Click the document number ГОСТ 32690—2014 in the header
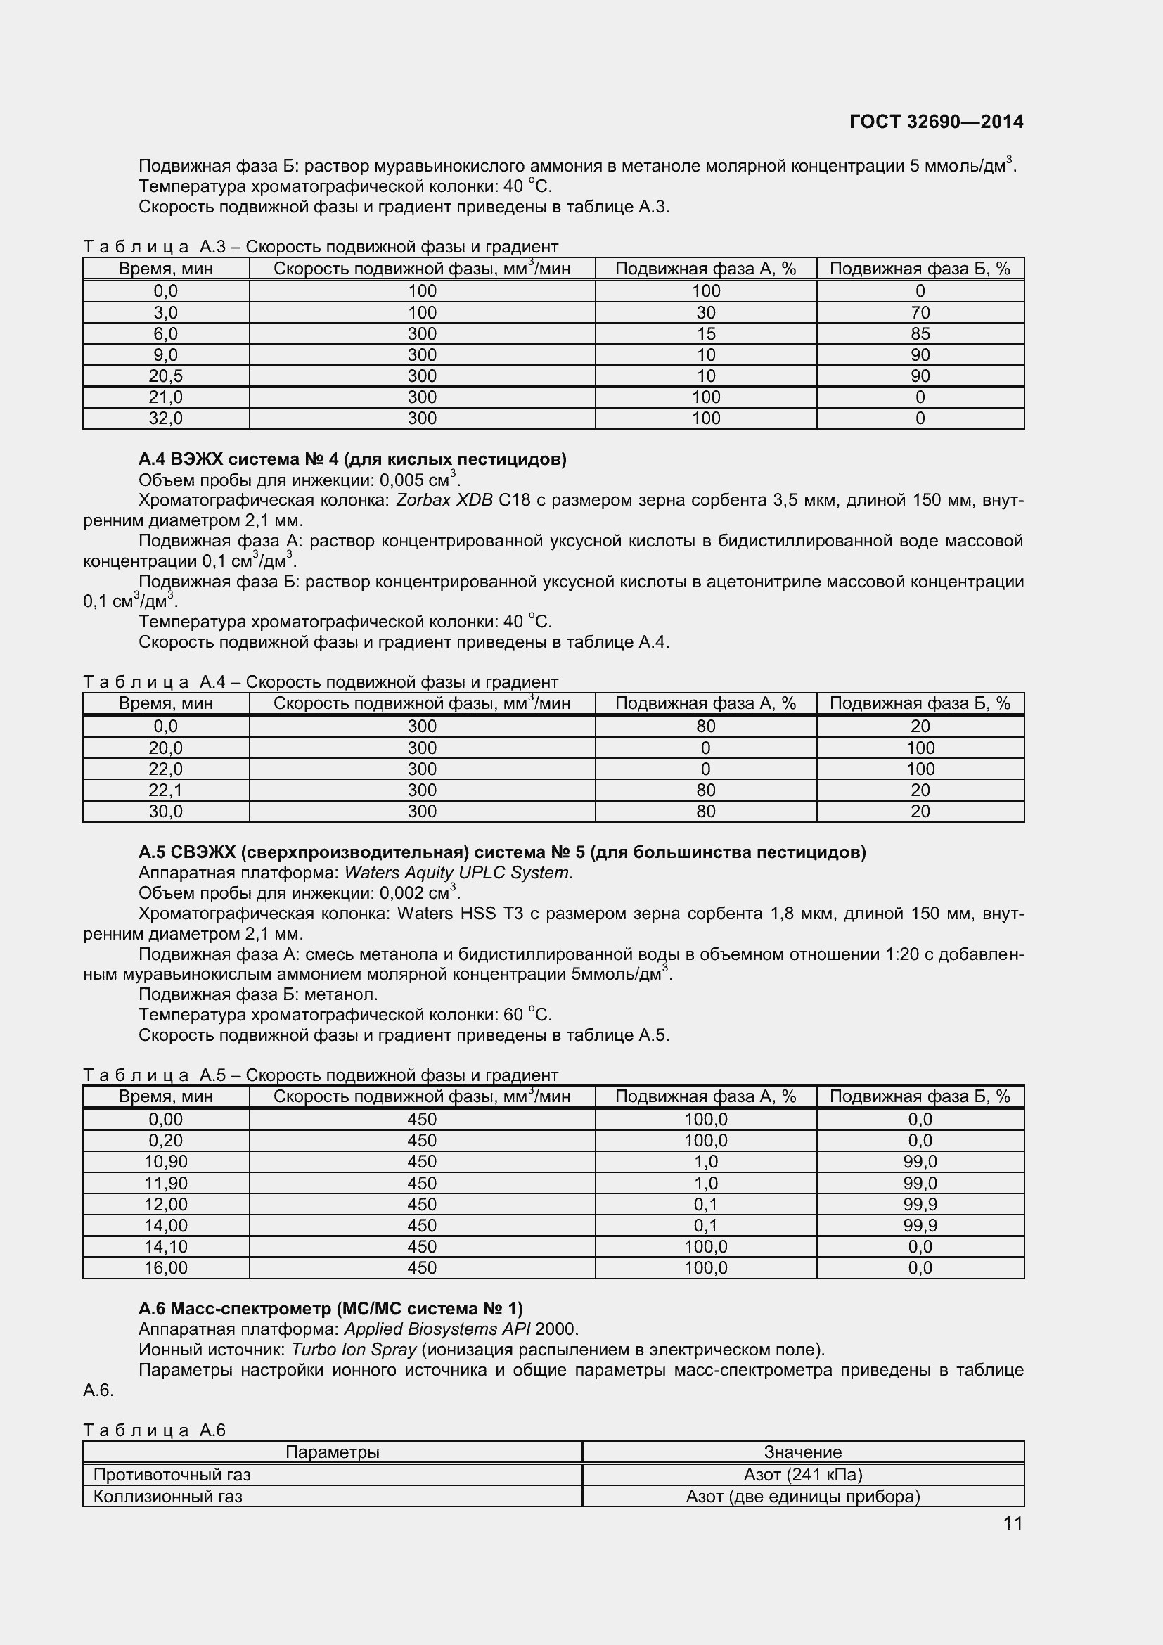(936, 122)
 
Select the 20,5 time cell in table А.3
(165, 376)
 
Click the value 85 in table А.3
(920, 334)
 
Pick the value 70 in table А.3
(920, 312)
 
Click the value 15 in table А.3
(705, 334)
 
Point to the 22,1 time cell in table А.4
(165, 791)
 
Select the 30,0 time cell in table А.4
(165, 811)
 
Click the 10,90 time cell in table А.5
(165, 1161)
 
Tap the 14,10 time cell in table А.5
(165, 1247)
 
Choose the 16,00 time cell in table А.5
(165, 1267)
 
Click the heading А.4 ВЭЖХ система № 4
(352, 459)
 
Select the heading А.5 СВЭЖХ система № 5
(501, 852)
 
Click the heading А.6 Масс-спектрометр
(330, 1309)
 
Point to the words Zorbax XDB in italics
(444, 500)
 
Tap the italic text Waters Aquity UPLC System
(457, 873)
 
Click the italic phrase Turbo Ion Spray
(354, 1350)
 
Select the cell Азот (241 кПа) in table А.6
(803, 1475)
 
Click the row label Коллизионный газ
(167, 1496)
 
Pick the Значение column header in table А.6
(803, 1452)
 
